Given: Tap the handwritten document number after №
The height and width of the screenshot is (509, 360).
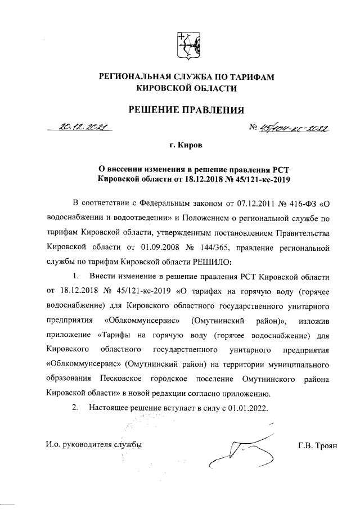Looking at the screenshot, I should click(293, 129).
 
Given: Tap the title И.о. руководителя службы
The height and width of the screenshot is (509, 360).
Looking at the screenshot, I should click(93, 445).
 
